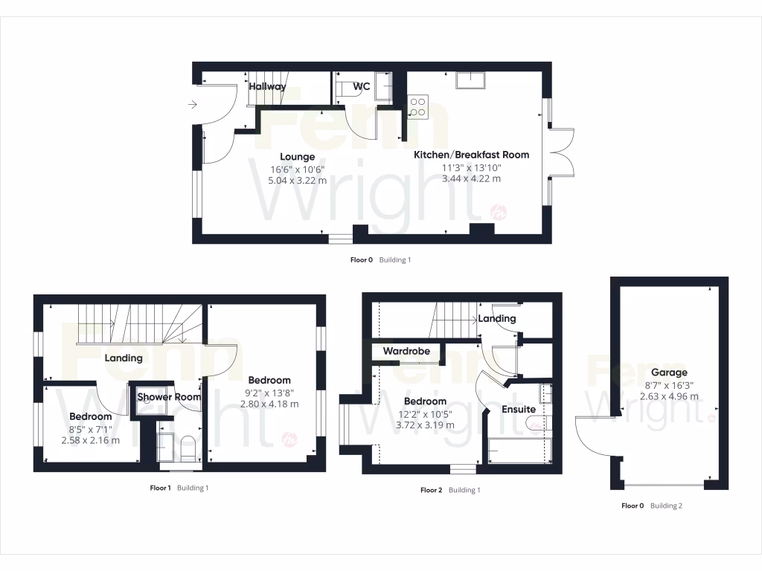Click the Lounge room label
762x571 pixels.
click(297, 157)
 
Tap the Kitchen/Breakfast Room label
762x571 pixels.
click(471, 155)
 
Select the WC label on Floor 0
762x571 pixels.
click(362, 87)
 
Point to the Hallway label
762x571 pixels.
click(267, 87)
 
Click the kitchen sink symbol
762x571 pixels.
click(470, 80)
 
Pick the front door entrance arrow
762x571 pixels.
click(193, 105)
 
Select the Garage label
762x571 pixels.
click(669, 372)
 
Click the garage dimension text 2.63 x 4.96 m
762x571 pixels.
click(669, 396)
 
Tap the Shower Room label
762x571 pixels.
click(169, 397)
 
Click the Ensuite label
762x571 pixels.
click(519, 409)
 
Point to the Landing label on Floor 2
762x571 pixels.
click(496, 319)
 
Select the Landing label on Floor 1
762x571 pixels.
click(124, 358)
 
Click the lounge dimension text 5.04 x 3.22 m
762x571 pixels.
click(297, 181)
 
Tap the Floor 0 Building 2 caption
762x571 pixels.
click(652, 506)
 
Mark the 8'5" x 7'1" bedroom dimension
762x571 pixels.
click(90, 428)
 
